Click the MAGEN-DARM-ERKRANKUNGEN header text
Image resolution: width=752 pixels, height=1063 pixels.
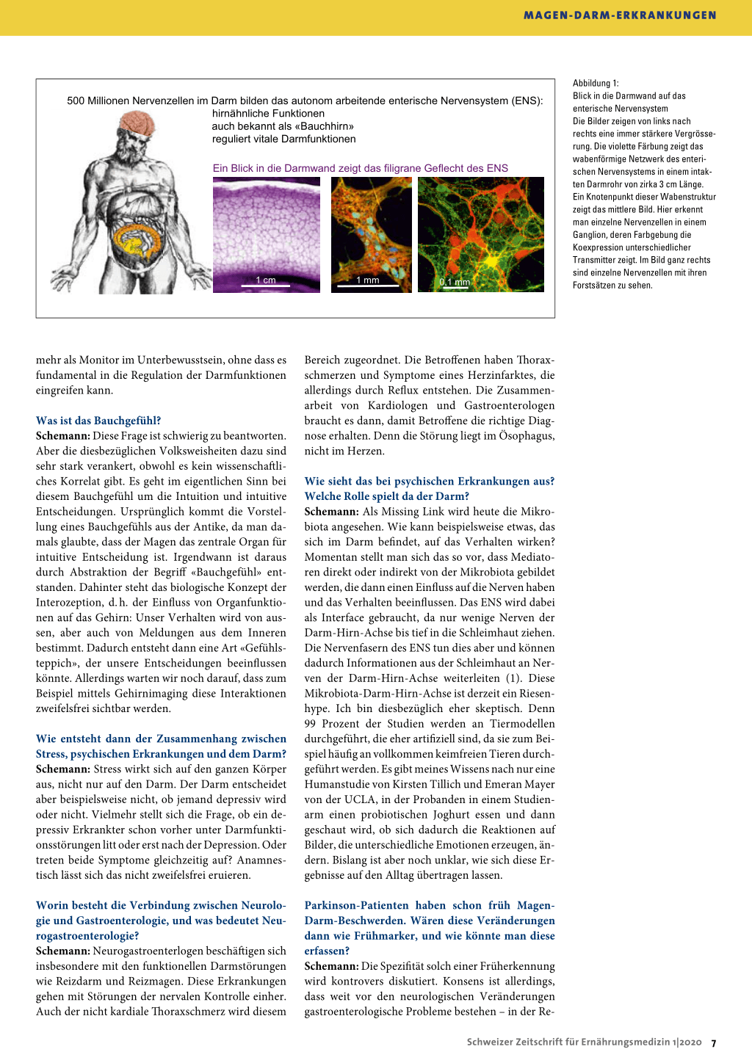tap(620, 15)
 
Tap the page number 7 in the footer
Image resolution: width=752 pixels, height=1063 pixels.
tap(714, 1042)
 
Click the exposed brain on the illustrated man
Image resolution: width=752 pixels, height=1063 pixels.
tap(137, 123)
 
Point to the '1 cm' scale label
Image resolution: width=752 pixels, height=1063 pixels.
tap(266, 280)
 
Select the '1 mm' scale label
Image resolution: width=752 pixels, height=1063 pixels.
tap(368, 280)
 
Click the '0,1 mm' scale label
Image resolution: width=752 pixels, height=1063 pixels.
tap(455, 282)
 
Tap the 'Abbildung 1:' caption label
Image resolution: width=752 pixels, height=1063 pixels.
tap(596, 83)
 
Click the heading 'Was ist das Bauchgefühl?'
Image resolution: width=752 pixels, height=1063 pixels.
tap(98, 421)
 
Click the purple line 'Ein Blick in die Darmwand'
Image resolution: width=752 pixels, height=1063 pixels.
tap(360, 168)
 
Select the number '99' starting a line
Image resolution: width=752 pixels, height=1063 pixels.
tap(311, 723)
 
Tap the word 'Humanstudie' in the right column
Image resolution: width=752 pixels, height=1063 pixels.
tap(336, 784)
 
